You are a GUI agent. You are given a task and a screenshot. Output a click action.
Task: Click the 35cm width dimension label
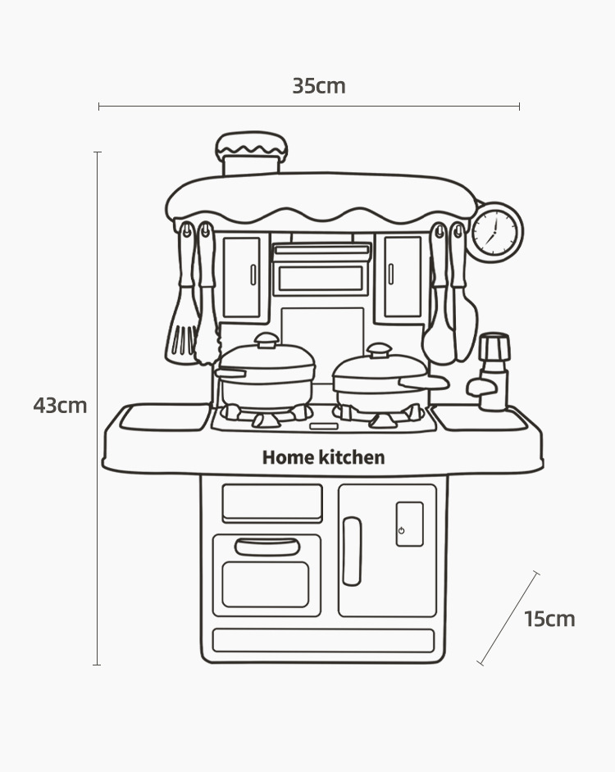coord(319,86)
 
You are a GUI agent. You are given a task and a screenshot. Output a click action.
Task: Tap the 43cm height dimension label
coord(60,405)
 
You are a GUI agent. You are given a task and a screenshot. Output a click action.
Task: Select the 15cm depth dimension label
coord(549,619)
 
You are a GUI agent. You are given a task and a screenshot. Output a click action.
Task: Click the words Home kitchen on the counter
coord(323,457)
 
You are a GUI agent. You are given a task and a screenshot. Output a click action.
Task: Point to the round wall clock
coord(495,232)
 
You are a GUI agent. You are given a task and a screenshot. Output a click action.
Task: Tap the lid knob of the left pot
coord(266,339)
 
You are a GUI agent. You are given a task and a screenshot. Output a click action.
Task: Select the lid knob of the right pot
coord(380,350)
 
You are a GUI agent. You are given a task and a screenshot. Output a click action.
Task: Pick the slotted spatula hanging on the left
coord(183,328)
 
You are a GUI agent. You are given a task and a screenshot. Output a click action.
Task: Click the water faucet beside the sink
coord(493,373)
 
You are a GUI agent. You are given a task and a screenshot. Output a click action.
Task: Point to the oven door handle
coord(267,547)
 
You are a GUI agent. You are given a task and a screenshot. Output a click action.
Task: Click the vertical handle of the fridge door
coord(352,551)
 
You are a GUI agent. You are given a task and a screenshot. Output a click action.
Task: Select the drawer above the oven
coord(272,502)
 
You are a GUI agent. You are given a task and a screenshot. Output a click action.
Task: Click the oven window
coord(266,584)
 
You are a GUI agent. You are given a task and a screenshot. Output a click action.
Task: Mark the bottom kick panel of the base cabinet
coord(323,640)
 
